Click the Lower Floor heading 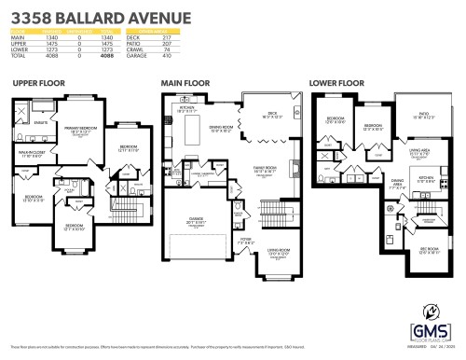(x=336, y=84)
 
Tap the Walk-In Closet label (x=32, y=154)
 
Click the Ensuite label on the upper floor (x=41, y=122)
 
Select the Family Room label (x=264, y=170)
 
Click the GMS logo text (x=429, y=330)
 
